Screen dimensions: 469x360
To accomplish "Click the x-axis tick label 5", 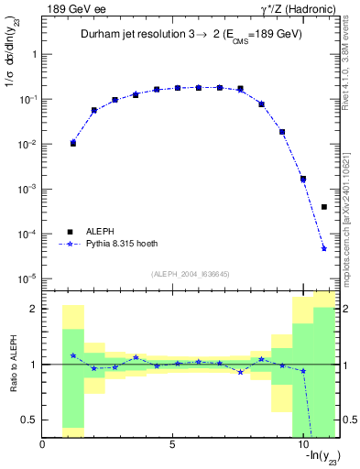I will [172, 445].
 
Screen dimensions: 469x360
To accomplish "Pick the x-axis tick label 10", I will [302, 445].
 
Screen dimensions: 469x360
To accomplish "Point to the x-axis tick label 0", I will [43, 445].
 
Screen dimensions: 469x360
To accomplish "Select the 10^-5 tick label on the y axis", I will [29, 278].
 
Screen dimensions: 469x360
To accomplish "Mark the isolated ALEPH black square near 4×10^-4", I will [324, 207].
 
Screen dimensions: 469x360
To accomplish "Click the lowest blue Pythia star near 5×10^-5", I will [324, 248].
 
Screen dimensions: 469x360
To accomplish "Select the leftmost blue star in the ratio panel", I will [73, 355].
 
